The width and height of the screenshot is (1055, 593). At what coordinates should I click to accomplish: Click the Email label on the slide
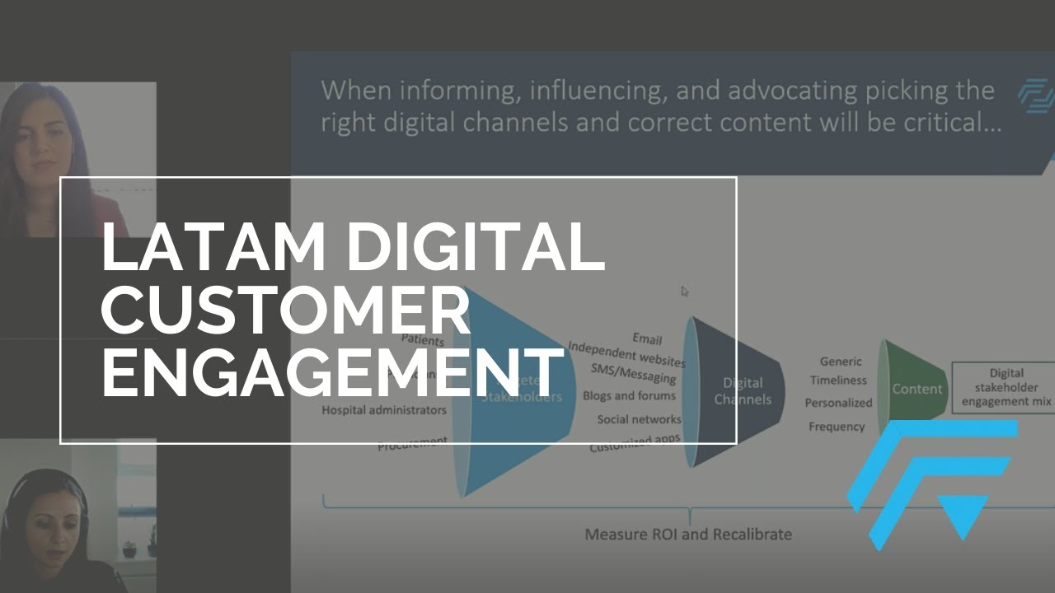[647, 339]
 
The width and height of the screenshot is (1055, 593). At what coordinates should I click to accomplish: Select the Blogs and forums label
[629, 396]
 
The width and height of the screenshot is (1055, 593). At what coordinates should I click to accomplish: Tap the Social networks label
[639, 420]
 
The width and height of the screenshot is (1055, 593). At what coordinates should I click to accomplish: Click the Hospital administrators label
[384, 410]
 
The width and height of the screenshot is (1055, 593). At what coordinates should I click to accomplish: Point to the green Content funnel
[911, 389]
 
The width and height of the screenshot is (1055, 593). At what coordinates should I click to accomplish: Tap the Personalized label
[838, 404]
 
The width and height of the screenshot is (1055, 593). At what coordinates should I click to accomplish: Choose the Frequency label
[837, 427]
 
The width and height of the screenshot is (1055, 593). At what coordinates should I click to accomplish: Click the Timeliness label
[838, 381]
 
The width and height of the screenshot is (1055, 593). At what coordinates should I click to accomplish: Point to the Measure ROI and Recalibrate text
[688, 535]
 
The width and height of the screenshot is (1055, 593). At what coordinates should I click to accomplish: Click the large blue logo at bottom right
[931, 482]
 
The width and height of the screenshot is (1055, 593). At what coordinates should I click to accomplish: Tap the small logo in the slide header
[1036, 95]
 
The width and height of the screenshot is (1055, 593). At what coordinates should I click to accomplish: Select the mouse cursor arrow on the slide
[685, 291]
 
